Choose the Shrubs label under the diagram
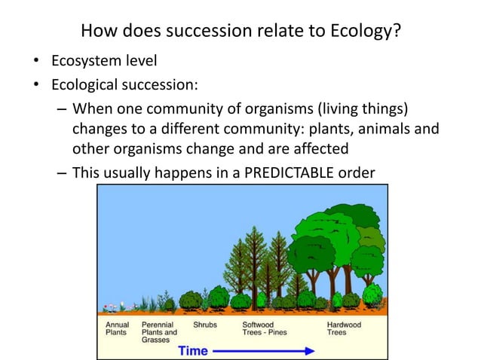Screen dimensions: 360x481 205,325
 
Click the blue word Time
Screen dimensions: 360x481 193,350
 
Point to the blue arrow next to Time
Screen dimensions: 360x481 264,351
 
